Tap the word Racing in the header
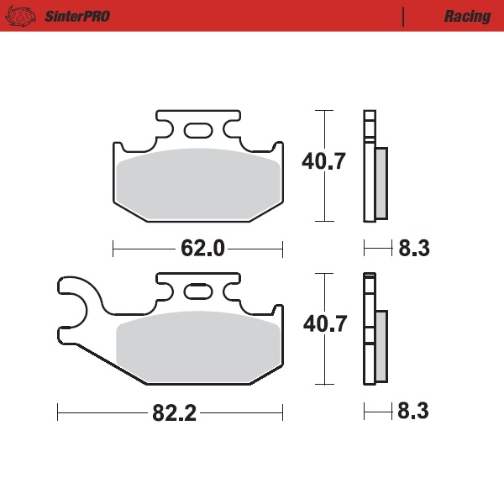click(x=467, y=16)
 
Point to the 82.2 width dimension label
click(x=173, y=413)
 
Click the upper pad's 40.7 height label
click(x=324, y=161)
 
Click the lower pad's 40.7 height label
click(x=324, y=324)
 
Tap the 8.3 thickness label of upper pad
click(x=414, y=249)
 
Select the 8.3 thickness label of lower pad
click(x=414, y=413)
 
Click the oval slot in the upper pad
click(x=198, y=130)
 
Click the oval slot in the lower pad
click(x=198, y=292)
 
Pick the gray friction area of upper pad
click(x=198, y=185)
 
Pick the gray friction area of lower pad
click(x=198, y=346)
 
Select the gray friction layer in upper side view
click(x=381, y=183)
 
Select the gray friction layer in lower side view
click(x=381, y=346)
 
